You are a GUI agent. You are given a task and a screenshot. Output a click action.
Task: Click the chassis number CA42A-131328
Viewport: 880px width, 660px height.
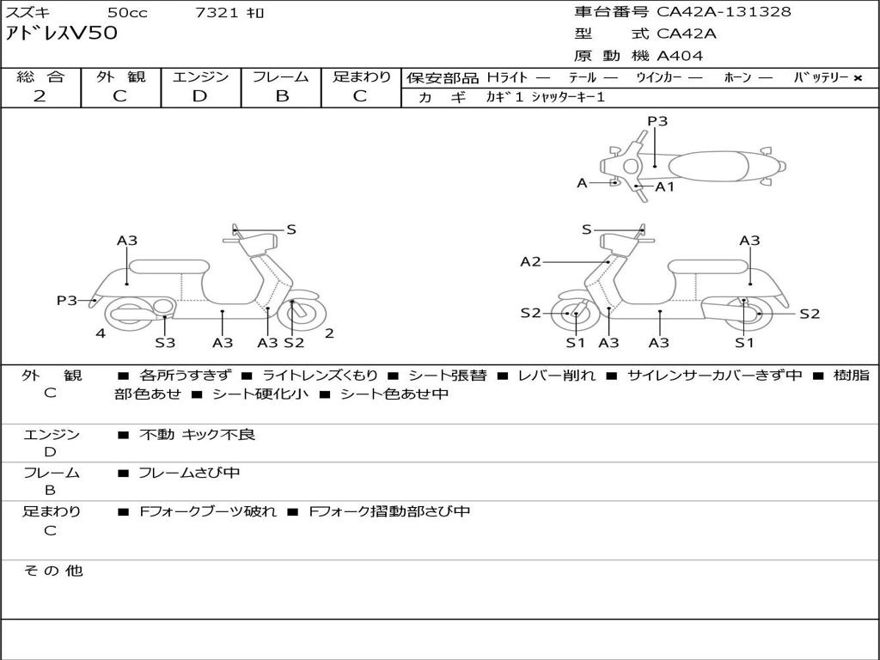pos(724,12)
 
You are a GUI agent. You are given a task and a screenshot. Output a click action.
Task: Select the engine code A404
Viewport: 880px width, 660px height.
pos(680,56)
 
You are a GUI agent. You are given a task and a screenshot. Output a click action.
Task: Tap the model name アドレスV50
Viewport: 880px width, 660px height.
pos(61,34)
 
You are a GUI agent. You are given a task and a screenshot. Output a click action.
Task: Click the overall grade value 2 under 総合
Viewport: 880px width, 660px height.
pos(40,96)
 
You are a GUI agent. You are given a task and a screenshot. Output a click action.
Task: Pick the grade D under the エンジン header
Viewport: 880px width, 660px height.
pos(199,96)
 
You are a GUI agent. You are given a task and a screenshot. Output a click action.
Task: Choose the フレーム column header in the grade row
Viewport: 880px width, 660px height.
pos(281,76)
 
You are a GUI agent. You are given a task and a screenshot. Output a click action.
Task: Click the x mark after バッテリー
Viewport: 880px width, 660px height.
pos(858,78)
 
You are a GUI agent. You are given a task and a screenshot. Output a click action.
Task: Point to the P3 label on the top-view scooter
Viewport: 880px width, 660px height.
pos(657,120)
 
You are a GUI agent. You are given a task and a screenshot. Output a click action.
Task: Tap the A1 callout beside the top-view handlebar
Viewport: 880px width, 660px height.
pos(664,186)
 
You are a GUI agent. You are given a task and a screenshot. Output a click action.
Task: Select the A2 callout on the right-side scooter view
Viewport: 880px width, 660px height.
pos(530,261)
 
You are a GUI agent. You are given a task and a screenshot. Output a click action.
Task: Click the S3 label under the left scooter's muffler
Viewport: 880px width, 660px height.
pos(165,342)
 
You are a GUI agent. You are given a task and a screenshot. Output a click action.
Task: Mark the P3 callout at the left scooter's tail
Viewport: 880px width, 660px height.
pos(67,300)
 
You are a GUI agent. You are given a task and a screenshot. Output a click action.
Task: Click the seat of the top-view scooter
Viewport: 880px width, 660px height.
pos(708,167)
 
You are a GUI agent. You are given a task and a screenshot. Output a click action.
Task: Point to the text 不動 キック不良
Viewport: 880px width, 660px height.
pos(197,434)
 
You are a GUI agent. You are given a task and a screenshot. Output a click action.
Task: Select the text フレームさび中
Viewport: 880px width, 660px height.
pos(189,473)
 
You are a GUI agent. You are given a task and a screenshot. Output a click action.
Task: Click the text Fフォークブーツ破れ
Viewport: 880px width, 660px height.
pos(208,511)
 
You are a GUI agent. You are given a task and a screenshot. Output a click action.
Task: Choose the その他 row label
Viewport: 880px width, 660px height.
pos(52,571)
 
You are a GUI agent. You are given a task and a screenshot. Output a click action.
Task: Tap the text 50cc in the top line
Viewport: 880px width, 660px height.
pos(127,12)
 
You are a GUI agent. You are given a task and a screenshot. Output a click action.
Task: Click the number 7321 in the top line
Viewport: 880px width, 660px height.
pos(217,12)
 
